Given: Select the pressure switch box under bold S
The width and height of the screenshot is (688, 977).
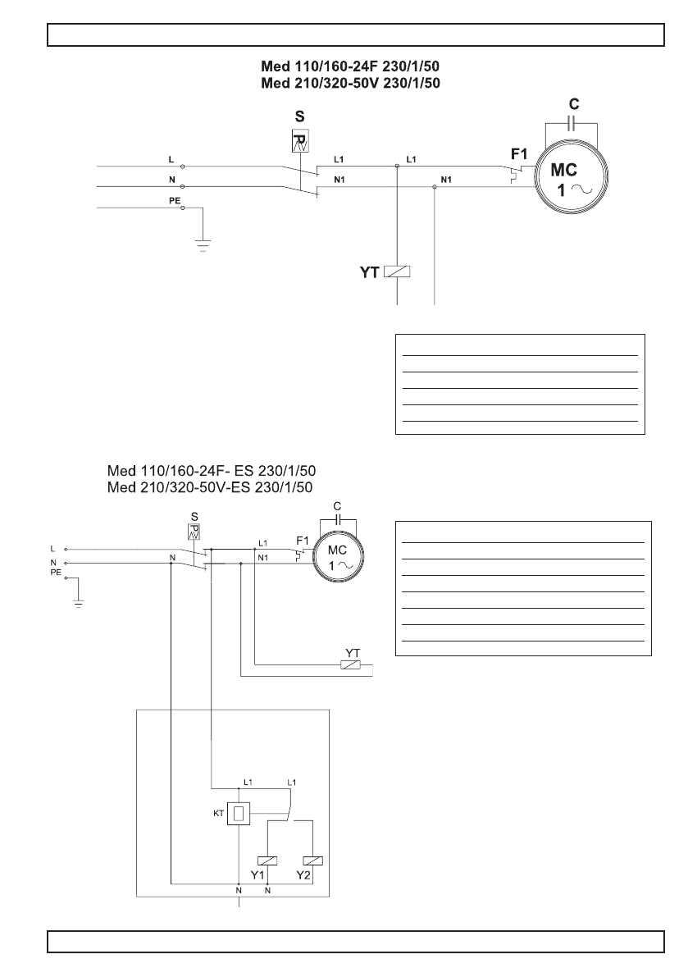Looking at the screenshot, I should click(x=300, y=139).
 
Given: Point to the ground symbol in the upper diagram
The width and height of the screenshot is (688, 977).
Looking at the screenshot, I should click(x=203, y=243).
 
